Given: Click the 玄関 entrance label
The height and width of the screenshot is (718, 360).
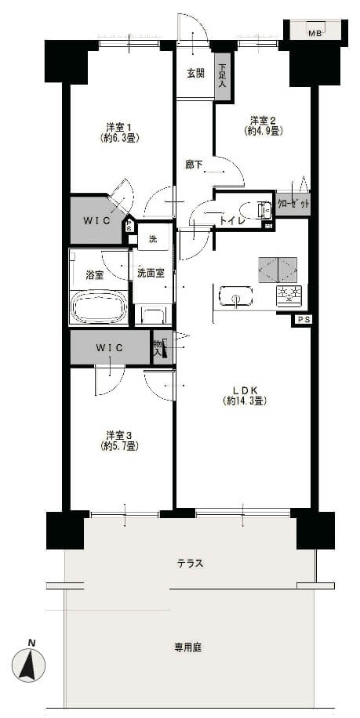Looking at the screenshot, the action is [195, 73].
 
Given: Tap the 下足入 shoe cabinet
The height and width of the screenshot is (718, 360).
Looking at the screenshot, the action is [223, 77].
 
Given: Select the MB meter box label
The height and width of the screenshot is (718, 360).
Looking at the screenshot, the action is [315, 34].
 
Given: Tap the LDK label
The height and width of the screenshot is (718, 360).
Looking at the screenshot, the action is [245, 395].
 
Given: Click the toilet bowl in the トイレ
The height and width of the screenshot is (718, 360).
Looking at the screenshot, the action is [256, 211].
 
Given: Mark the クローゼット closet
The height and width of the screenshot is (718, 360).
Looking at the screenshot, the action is [293, 203].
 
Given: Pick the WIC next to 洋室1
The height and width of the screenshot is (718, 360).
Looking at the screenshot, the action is [97, 219].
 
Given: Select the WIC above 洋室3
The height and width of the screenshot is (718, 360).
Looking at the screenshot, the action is [110, 347].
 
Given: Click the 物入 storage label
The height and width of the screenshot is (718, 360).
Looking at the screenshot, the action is [158, 347].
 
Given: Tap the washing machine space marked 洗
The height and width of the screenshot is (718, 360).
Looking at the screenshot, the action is [154, 238].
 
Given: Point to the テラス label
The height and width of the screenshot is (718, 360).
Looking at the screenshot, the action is [190, 564].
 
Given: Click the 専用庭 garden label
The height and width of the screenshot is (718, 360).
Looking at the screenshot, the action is [188, 647].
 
